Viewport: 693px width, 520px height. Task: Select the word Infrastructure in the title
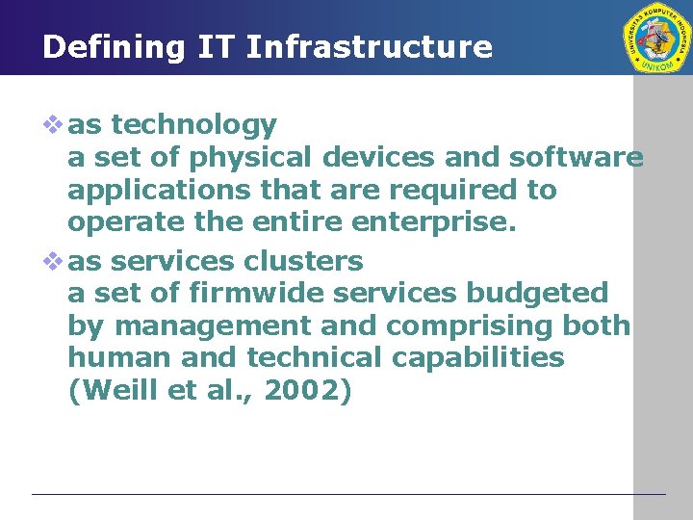[370, 47]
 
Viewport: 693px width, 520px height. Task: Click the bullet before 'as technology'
[54, 124]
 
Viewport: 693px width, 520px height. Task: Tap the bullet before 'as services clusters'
[54, 261]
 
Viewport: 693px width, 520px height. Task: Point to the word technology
[194, 125]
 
